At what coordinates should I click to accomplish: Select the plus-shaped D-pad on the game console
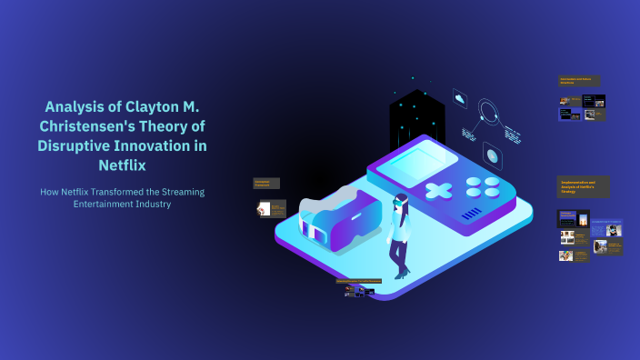click(x=439, y=192)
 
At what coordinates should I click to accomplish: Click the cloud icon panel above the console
click(x=460, y=99)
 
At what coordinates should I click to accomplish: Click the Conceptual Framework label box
click(x=265, y=184)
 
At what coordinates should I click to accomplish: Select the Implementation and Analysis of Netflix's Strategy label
click(x=583, y=186)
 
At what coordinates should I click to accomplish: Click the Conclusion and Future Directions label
click(x=578, y=81)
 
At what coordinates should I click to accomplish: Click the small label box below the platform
click(x=358, y=281)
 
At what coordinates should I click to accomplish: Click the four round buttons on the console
click(x=483, y=186)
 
